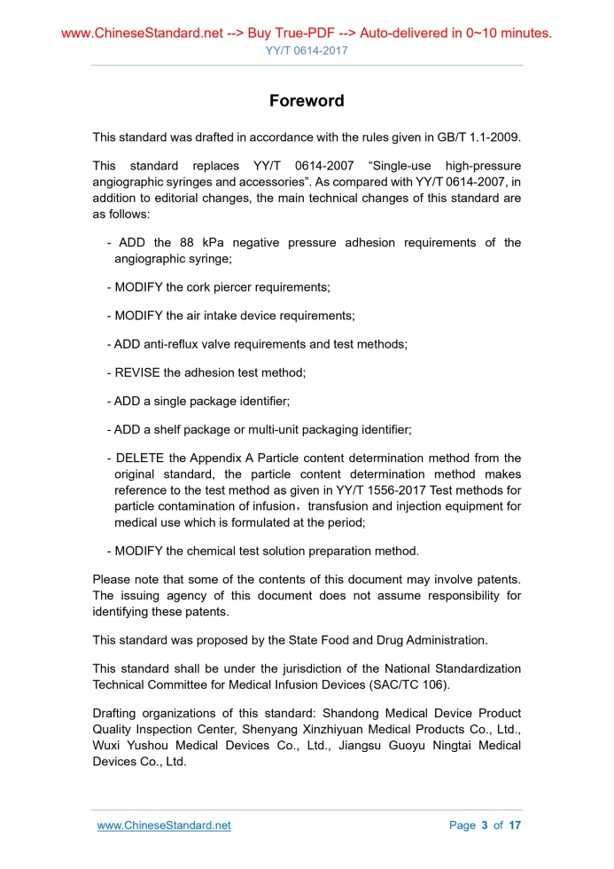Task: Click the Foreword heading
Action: [x=307, y=101]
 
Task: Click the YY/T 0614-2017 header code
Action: [x=307, y=51]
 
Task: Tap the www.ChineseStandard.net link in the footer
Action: [x=164, y=826]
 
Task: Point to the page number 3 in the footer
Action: [x=485, y=826]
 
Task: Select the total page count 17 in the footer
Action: [x=514, y=826]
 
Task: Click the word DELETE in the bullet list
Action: [x=140, y=458]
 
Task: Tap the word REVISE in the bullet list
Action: [x=137, y=373]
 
